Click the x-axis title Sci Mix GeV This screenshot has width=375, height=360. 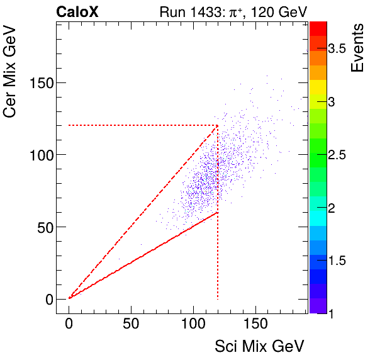tap(260, 346)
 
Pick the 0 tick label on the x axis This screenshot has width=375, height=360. tap(69, 323)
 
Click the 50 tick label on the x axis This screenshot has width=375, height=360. tap(131, 323)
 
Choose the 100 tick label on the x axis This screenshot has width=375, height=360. tap(193, 323)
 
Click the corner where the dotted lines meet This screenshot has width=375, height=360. tap(218, 125)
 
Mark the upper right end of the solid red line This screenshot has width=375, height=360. tap(218, 212)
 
